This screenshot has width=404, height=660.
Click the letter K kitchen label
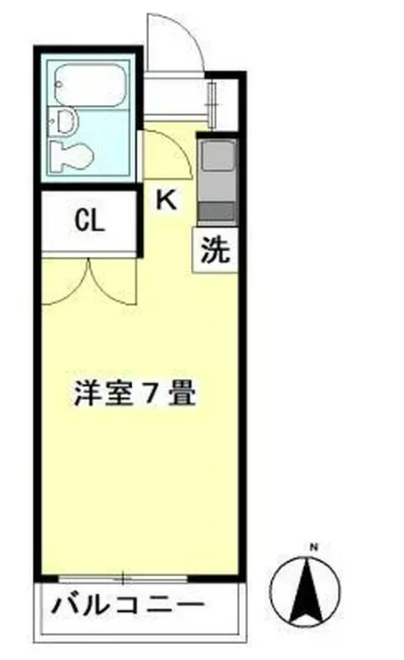pos(167,201)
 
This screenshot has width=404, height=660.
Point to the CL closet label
pos(89,220)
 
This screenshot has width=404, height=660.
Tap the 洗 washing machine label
pos(215,252)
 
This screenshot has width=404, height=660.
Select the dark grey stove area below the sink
pos(217,211)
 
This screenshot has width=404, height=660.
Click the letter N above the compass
pos(313,546)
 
